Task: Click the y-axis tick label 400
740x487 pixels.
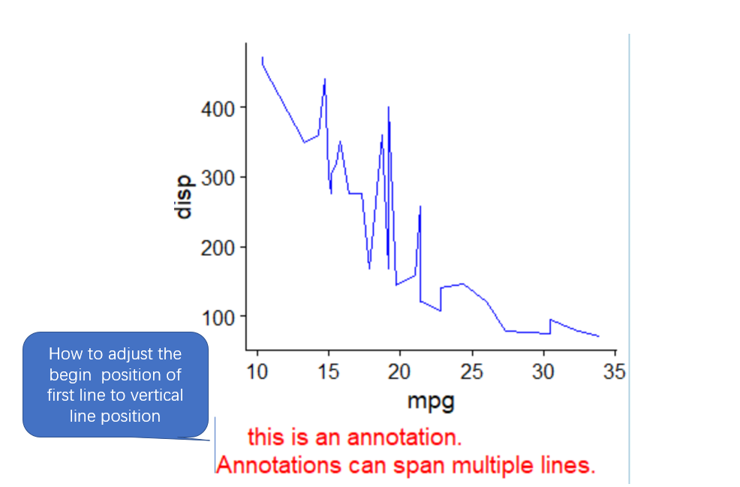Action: pos(218,109)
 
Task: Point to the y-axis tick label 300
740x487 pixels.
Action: pos(218,179)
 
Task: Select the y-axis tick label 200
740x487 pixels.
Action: pos(218,248)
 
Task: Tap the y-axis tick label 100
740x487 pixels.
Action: pos(218,317)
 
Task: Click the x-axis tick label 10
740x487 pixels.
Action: pos(257,372)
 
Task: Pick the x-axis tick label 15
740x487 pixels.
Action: pos(329,372)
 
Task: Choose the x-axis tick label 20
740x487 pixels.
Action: pos(399,372)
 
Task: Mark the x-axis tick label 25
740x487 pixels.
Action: pos(471,372)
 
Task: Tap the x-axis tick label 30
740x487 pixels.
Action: pos(543,372)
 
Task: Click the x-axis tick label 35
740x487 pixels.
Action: pos(614,372)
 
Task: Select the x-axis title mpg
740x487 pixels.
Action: pos(431,401)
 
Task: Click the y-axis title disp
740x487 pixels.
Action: pos(183,197)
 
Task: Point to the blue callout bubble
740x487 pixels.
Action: pos(115,385)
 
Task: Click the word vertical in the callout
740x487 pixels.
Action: pos(158,395)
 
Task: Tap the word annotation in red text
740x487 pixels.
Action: pos(405,437)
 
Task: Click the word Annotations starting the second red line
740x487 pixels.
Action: pos(278,465)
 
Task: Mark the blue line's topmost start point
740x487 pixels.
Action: pos(263,57)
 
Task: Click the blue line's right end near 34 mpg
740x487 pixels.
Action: pos(599,336)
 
